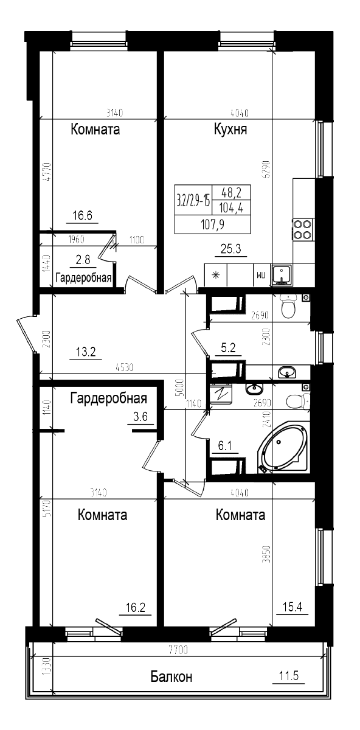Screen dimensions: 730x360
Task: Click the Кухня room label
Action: click(230, 130)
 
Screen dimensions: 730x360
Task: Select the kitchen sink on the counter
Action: click(282, 275)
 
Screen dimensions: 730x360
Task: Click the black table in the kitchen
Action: click(212, 209)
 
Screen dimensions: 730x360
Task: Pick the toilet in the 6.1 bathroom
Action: click(300, 399)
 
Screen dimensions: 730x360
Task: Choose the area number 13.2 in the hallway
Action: click(85, 351)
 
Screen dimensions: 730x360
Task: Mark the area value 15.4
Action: click(292, 607)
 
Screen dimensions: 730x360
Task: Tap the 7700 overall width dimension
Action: click(178, 650)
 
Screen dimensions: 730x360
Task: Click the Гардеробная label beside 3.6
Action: click(109, 398)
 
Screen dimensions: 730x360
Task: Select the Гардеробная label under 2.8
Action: click(83, 278)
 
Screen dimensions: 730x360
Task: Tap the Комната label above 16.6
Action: click(95, 130)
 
